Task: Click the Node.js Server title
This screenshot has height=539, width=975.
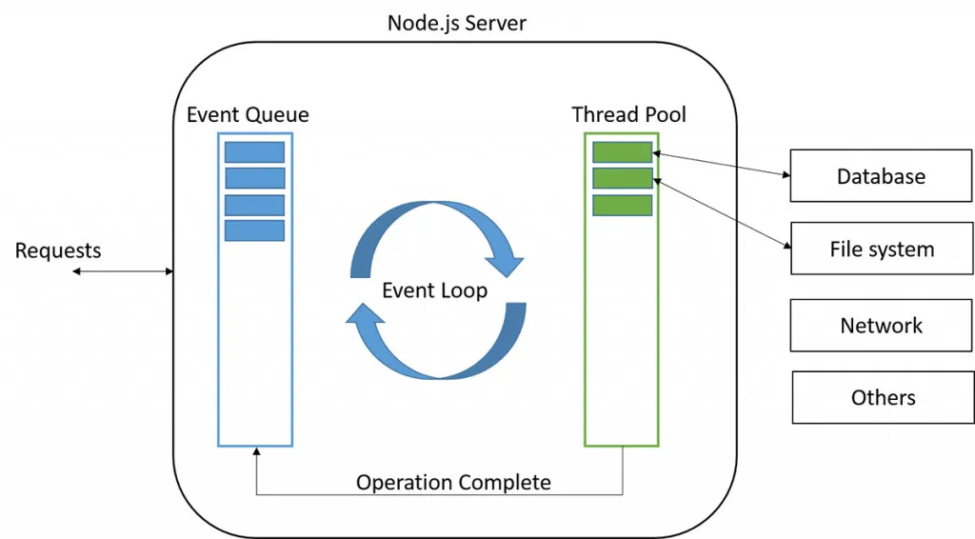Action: coord(456,22)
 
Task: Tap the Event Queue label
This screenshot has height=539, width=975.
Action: coord(248,114)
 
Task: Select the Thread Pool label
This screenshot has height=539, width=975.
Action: coord(628,114)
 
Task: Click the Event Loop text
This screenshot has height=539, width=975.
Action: coord(434,290)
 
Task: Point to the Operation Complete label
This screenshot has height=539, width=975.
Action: coord(453,482)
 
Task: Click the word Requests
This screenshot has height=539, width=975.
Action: coord(58,250)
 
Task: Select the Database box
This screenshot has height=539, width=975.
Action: coord(881,176)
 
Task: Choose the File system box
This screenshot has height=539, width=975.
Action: coord(881,250)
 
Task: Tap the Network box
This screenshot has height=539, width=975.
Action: coord(881,326)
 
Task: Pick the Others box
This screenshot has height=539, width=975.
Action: coord(883,397)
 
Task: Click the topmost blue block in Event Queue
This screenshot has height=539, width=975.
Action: coord(254,152)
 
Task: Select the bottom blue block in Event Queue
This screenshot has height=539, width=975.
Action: coord(254,230)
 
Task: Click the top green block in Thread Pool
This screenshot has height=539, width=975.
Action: coord(622,152)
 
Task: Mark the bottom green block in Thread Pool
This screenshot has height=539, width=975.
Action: coord(622,205)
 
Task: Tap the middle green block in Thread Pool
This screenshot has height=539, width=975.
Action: coord(622,178)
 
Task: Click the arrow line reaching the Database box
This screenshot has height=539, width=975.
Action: coord(721,164)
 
